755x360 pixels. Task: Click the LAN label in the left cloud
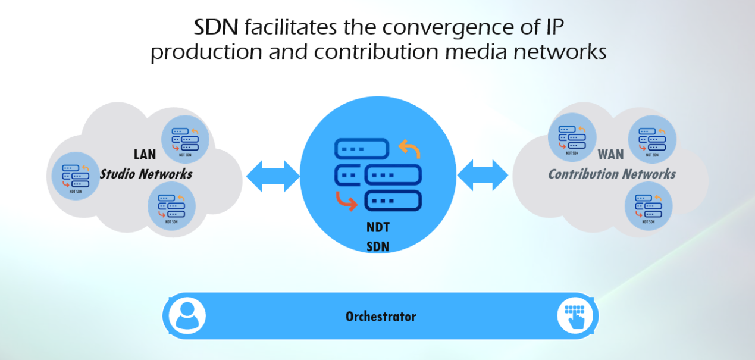(145, 155)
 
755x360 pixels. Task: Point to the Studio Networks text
(146, 174)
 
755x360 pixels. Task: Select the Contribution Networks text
(612, 174)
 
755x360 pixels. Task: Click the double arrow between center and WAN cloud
(483, 176)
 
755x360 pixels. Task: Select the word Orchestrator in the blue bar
(381, 316)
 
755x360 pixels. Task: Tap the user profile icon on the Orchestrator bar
(187, 315)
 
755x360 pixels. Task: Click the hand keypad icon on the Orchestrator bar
(575, 315)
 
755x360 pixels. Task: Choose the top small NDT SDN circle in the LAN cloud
(185, 139)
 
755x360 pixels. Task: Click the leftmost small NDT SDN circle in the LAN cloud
(76, 177)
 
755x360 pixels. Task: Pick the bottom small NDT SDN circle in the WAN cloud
(649, 206)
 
